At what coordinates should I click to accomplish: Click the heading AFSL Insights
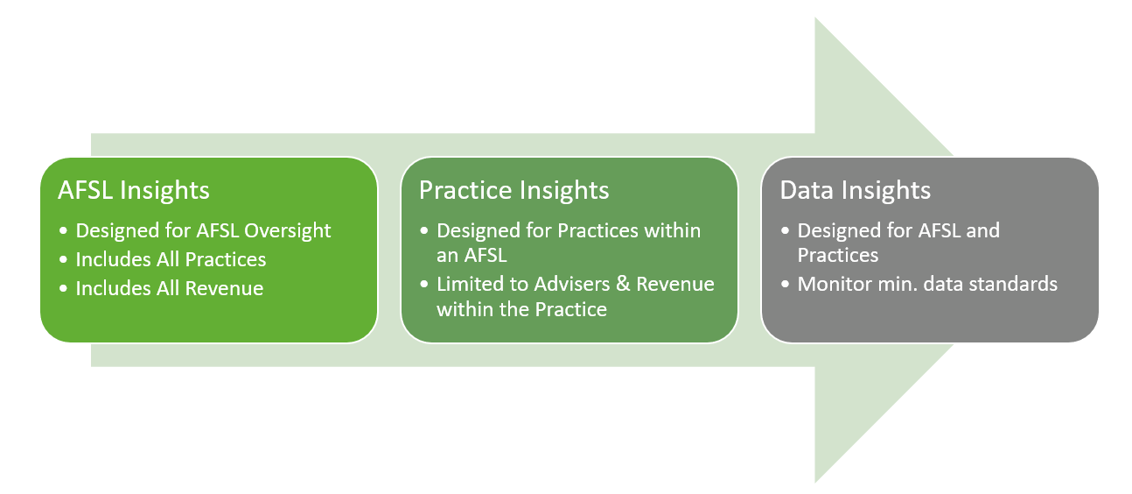pos(134,190)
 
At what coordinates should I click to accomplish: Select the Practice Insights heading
pos(514,190)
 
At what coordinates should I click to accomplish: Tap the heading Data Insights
pos(855,190)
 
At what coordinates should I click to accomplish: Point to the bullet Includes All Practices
pos(171,259)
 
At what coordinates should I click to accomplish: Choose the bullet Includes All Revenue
pos(169,288)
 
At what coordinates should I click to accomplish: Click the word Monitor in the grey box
pos(832,284)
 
